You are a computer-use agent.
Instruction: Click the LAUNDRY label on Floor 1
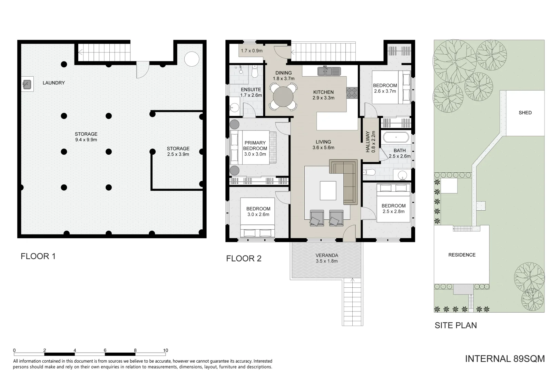(53, 83)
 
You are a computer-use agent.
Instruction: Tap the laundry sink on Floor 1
(27, 84)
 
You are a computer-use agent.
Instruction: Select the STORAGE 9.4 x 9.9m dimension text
(86, 140)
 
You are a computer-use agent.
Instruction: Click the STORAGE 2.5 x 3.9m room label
(178, 152)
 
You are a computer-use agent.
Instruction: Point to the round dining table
(282, 97)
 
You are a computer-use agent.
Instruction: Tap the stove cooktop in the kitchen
(352, 92)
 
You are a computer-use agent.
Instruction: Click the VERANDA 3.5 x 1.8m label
(326, 258)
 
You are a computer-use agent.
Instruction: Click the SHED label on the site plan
(525, 113)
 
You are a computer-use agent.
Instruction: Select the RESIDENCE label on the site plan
(462, 255)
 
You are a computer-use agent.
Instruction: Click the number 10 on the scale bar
(165, 350)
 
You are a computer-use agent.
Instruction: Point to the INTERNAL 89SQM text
(504, 359)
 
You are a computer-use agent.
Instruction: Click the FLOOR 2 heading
(244, 258)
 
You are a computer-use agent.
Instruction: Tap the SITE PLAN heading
(455, 325)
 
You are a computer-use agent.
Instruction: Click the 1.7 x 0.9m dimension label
(252, 51)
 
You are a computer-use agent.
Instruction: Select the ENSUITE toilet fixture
(255, 72)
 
